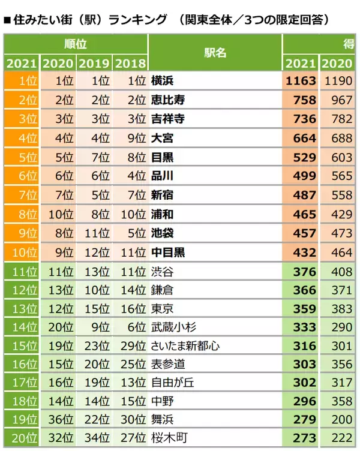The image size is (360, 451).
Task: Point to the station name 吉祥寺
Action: (x=167, y=119)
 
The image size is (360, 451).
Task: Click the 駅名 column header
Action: (x=215, y=52)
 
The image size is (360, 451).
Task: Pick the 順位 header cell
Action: (x=75, y=43)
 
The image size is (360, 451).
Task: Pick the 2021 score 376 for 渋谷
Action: (x=304, y=272)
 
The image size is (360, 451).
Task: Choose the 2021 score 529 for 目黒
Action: (x=304, y=157)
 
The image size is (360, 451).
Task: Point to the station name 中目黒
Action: (x=167, y=252)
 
